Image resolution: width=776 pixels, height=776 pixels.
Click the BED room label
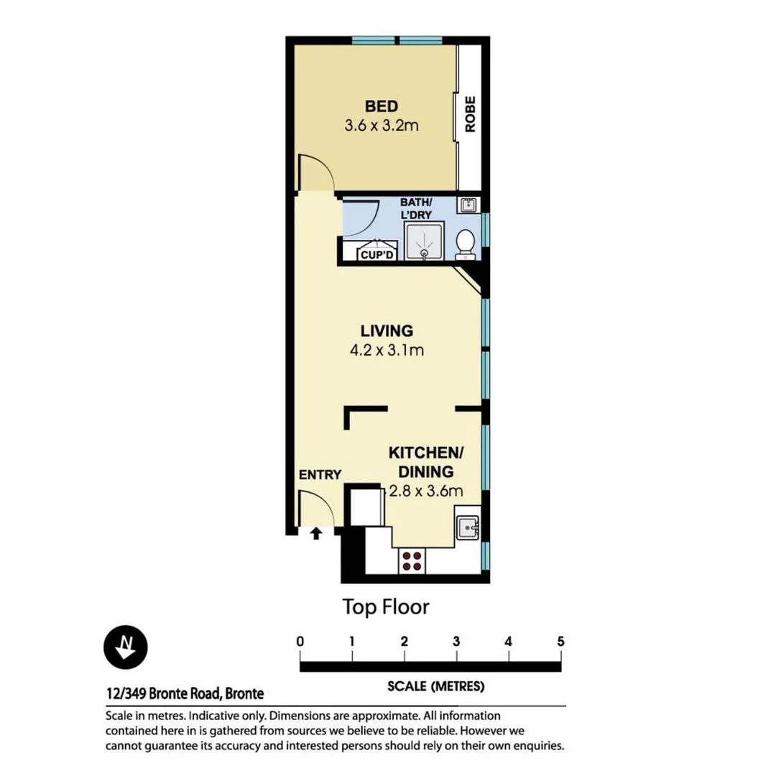pyautogui.click(x=381, y=107)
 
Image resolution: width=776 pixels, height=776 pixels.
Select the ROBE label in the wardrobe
pyautogui.click(x=471, y=114)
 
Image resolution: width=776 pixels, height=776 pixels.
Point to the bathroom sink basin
pyautogui.click(x=468, y=205)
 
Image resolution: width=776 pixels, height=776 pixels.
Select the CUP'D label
pyautogui.click(x=377, y=254)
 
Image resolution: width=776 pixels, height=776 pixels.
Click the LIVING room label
pyautogui.click(x=387, y=331)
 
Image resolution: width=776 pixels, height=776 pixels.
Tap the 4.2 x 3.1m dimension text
pyautogui.click(x=387, y=351)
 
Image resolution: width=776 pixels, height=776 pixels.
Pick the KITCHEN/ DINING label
pyautogui.click(x=426, y=462)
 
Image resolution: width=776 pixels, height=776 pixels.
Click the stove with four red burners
pyautogui.click(x=411, y=560)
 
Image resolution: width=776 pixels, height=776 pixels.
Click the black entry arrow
pyautogui.click(x=315, y=532)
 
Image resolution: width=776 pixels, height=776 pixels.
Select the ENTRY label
pyautogui.click(x=320, y=474)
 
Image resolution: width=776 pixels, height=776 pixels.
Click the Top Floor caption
pyautogui.click(x=385, y=607)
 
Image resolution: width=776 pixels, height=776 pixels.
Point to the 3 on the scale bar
pyautogui.click(x=456, y=642)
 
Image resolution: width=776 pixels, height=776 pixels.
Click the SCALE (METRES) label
pyautogui.click(x=435, y=686)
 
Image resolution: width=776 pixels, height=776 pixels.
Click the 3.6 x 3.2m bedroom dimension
pyautogui.click(x=381, y=126)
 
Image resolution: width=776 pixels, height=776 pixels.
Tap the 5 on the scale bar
pyautogui.click(x=560, y=642)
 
